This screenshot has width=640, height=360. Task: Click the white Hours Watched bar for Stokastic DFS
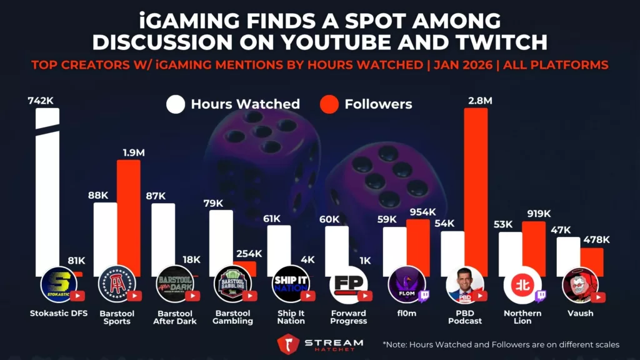tap(47, 187)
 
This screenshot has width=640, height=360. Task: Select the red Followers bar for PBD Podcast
tap(476, 187)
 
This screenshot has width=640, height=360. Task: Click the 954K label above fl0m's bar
tap(422, 212)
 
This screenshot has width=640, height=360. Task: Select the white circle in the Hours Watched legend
tap(176, 104)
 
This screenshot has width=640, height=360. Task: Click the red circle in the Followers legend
tap(329, 104)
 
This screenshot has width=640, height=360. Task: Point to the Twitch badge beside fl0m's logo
tap(423, 295)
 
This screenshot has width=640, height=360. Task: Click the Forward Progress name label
tap(349, 317)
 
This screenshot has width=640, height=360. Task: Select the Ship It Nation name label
tap(291, 317)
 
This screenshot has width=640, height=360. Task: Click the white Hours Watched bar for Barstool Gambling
tap(221, 241)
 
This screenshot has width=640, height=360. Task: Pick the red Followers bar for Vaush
tap(591, 261)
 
